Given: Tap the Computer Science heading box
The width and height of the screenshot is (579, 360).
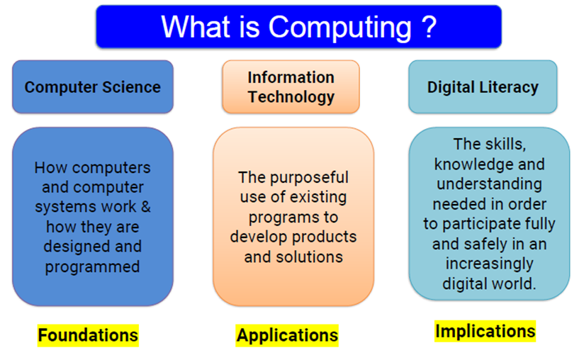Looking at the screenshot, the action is click(93, 86).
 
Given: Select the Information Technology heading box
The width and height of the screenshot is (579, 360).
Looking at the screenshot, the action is click(291, 86).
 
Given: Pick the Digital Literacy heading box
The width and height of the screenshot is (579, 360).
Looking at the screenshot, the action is click(483, 86).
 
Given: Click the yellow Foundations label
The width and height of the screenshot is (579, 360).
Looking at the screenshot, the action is click(88, 335).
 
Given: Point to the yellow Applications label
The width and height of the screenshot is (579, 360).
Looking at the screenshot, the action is click(287, 335).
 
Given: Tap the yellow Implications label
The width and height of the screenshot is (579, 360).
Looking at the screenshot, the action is click(485, 331).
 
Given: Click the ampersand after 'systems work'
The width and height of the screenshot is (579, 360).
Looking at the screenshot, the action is click(146, 207).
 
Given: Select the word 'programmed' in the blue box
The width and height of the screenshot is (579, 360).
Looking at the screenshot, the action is click(92, 267).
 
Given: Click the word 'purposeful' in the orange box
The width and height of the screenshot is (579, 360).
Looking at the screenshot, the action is click(309, 178).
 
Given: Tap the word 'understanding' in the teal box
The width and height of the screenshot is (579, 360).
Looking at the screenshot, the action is click(489, 184).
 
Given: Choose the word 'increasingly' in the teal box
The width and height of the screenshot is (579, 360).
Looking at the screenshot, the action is click(489, 264).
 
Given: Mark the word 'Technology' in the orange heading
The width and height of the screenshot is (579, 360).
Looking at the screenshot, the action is click(291, 97).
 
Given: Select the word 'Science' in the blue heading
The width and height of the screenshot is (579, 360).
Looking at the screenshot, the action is click(131, 87).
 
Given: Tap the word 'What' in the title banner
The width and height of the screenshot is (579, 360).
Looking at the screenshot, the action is click(196, 27).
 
